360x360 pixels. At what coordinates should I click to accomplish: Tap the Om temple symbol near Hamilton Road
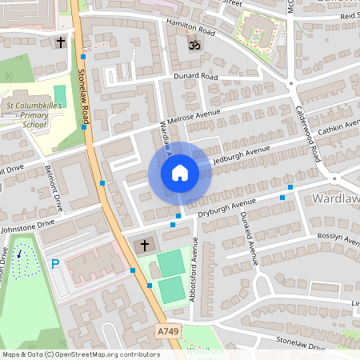192,47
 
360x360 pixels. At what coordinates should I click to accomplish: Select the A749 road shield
167,330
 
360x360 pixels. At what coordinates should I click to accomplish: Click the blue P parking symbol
55,262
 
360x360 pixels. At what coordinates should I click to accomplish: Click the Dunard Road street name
196,77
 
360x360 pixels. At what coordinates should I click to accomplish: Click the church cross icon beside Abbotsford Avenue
145,244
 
